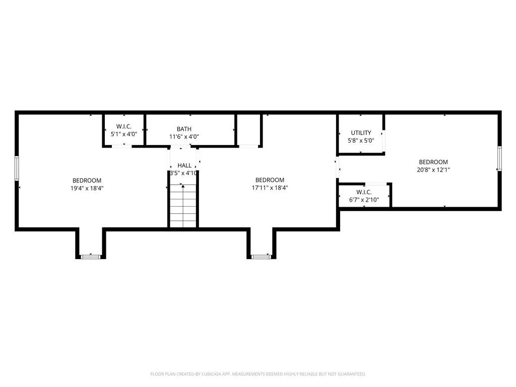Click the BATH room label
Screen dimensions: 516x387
click(x=184, y=129)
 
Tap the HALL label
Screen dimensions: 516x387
click(x=184, y=165)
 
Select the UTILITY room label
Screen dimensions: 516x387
click(x=361, y=133)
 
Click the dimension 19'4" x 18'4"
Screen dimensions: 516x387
click(x=87, y=188)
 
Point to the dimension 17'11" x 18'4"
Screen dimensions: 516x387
click(x=270, y=187)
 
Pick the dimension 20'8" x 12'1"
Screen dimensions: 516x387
click(x=433, y=170)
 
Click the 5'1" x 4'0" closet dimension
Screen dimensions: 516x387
click(x=124, y=134)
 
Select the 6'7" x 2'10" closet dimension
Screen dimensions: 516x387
click(x=364, y=200)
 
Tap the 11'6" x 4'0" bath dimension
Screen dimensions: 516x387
click(x=184, y=137)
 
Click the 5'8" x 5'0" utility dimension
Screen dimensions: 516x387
click(x=361, y=141)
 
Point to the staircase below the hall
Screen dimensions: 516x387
click(x=183, y=206)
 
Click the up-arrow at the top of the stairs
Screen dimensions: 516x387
click(x=183, y=186)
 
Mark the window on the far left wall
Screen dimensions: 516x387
click(x=17, y=168)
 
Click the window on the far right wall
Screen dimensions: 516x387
click(x=499, y=158)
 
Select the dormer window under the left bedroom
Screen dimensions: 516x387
click(x=91, y=256)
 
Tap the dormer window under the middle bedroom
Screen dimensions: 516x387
click(x=262, y=256)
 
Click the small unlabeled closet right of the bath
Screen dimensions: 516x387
click(x=249, y=130)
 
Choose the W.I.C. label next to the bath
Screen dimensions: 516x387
click(x=124, y=126)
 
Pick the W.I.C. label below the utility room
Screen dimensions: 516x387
click(x=364, y=192)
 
